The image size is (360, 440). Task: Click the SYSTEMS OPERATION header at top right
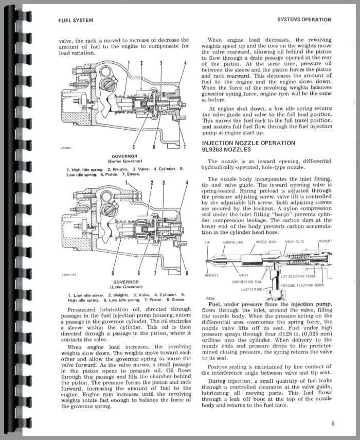(x=304, y=20)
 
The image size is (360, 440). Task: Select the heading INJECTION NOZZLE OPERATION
(x=255, y=143)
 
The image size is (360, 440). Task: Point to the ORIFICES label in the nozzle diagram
(x=212, y=275)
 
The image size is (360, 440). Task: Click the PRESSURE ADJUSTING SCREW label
(x=302, y=284)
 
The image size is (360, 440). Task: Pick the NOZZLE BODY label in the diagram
(x=265, y=241)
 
